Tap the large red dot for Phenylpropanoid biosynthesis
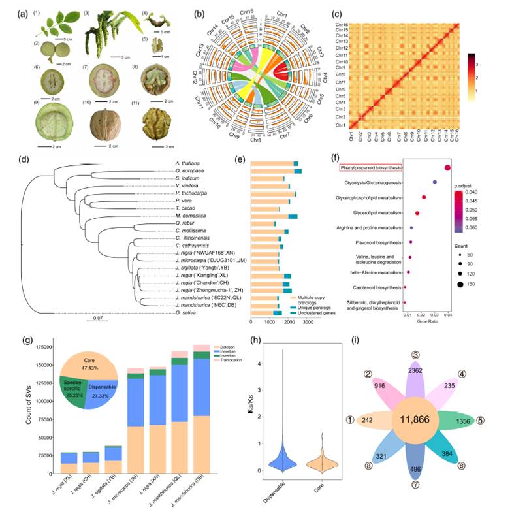point(447,168)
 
